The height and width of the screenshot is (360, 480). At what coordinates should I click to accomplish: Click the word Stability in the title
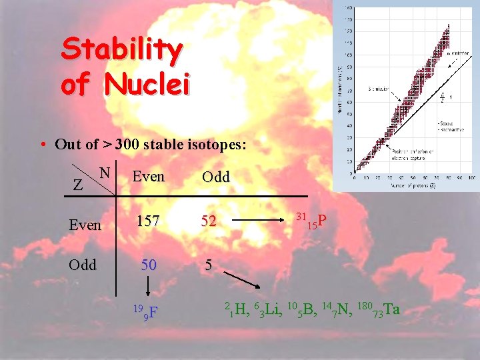click(121, 51)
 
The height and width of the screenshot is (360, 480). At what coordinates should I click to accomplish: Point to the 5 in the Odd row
click(208, 265)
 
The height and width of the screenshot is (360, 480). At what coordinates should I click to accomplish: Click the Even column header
click(148, 177)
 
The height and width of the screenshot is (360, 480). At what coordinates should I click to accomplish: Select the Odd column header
click(215, 177)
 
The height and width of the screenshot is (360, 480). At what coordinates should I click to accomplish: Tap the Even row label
click(85, 225)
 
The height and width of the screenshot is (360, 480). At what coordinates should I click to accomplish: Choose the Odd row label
click(83, 265)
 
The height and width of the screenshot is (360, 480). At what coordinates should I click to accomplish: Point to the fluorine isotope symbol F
click(153, 311)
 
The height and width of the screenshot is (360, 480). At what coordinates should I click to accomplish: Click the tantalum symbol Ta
click(391, 309)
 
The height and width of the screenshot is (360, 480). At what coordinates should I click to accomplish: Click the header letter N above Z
click(105, 172)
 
